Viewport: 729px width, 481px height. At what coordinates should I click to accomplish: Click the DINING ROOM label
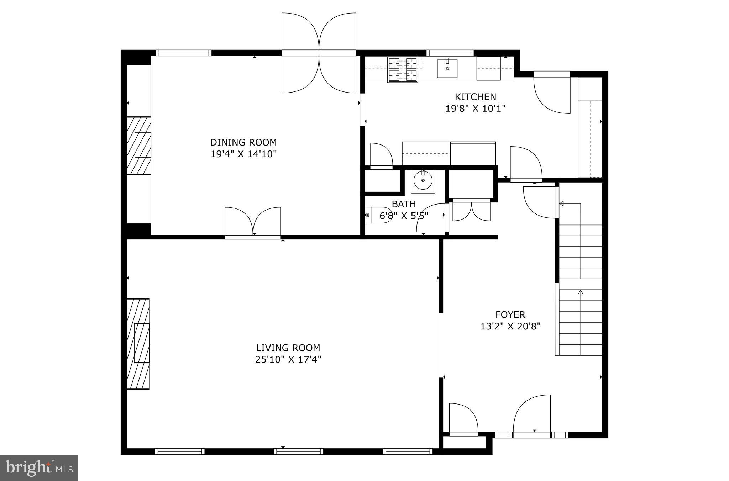tap(243, 142)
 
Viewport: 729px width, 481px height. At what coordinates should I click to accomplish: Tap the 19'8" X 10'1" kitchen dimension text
tap(475, 109)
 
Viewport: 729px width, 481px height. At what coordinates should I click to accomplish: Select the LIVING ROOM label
tap(288, 348)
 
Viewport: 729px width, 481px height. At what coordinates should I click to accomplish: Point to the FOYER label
tap(510, 314)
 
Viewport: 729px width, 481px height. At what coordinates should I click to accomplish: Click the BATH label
tap(404, 204)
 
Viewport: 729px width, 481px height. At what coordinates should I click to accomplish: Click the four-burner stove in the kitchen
tap(403, 70)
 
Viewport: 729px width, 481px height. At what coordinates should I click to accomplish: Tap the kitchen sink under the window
tap(447, 68)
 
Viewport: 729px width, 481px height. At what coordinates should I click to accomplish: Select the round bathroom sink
tap(423, 181)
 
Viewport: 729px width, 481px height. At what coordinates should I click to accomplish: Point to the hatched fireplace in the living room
tap(138, 344)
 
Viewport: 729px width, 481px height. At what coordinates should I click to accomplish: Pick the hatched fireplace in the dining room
tap(139, 146)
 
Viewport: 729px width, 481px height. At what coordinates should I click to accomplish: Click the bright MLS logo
tap(39, 468)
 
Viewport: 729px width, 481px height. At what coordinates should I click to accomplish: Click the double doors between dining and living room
tap(253, 222)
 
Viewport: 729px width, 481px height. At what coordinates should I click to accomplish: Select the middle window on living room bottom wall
tap(298, 451)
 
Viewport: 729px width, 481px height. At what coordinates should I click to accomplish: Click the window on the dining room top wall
tap(184, 53)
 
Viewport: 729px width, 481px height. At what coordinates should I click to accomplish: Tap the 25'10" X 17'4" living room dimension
tap(288, 359)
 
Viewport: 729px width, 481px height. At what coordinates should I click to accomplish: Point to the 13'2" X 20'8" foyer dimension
tap(510, 326)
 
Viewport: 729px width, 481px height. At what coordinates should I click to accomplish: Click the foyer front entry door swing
tap(532, 414)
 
